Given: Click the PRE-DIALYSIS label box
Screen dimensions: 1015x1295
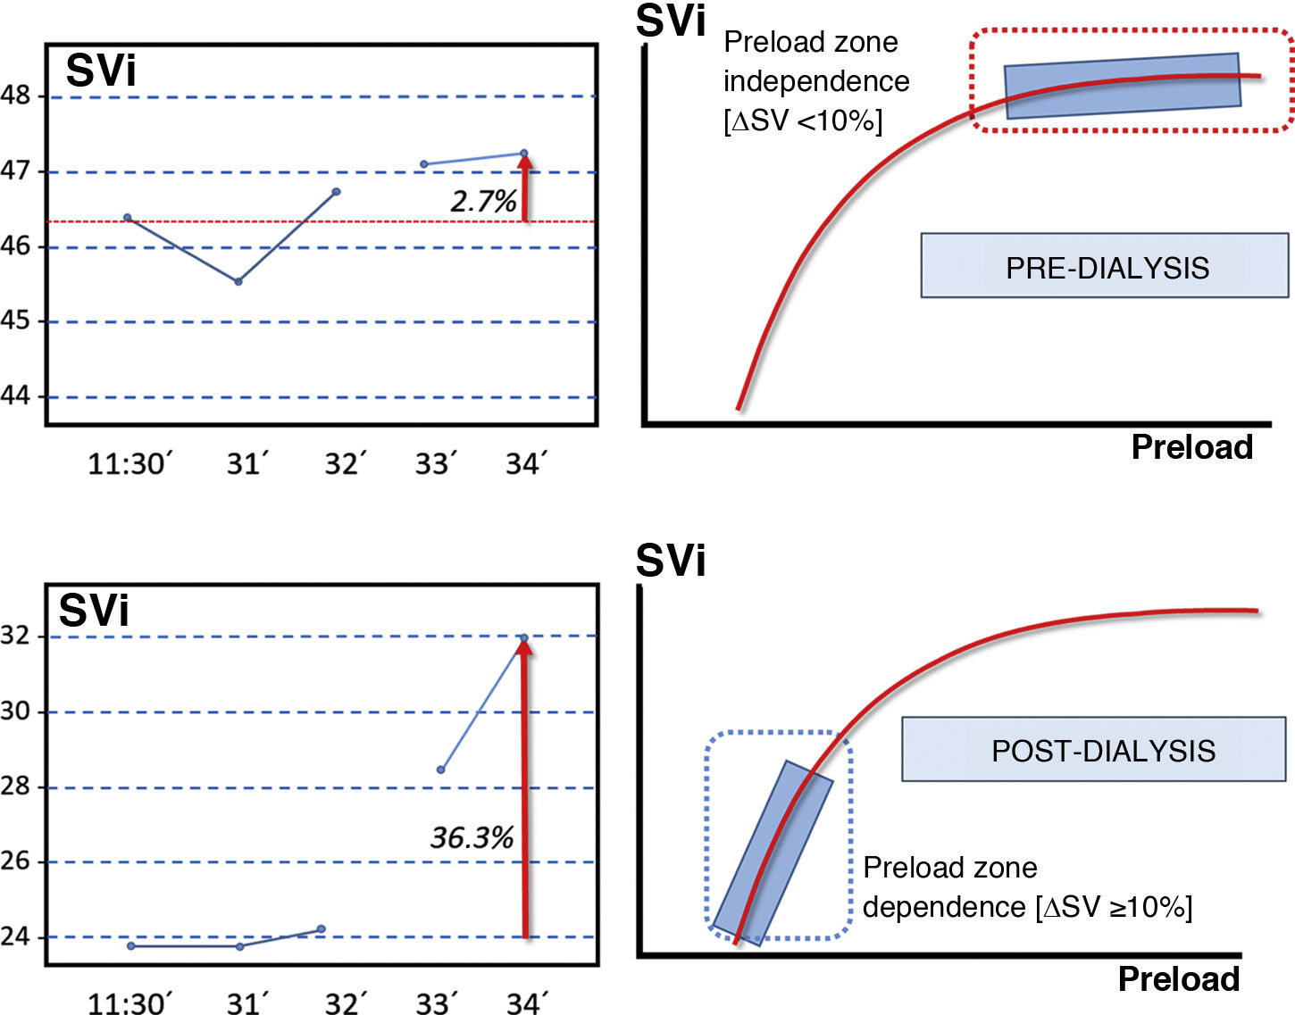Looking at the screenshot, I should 1105,266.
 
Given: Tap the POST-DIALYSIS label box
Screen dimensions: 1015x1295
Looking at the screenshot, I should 1094,750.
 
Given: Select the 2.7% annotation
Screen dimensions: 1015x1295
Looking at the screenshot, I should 483,202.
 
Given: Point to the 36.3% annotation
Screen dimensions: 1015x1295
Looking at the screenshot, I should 472,837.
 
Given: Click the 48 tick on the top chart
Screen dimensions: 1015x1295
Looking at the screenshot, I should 16,96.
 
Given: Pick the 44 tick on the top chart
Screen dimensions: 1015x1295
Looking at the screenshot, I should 16,395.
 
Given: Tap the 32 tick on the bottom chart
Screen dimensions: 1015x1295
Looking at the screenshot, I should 16,636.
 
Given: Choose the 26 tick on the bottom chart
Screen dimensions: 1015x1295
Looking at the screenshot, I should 16,861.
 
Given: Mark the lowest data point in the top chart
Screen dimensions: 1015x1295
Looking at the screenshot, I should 238,281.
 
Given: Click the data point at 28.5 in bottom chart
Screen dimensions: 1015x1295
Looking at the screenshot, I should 441,769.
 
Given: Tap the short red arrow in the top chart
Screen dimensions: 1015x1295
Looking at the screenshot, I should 525,189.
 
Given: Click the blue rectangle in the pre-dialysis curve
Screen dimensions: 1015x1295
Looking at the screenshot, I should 1123,86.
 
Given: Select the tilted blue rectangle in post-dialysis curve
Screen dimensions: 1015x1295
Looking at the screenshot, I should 773,853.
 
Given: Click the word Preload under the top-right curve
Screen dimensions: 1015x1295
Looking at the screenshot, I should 1191,446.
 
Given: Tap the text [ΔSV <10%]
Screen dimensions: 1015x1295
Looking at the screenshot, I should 802,121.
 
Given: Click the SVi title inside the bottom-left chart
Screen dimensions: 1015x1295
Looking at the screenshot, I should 94,611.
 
